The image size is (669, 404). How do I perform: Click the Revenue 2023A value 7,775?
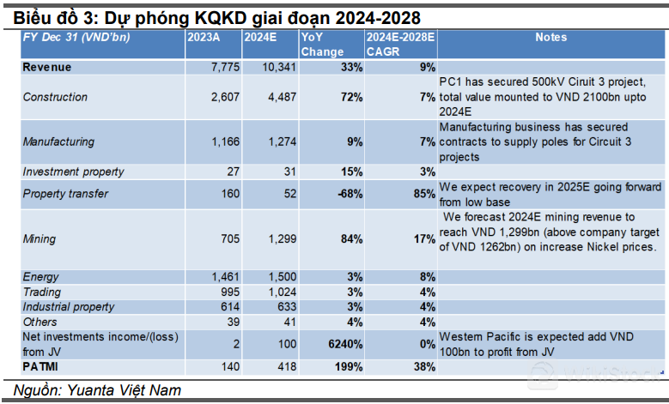(x=222, y=67)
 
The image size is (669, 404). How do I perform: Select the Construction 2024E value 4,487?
(x=276, y=97)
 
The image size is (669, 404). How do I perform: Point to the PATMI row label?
(x=42, y=367)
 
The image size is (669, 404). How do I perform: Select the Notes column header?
(x=550, y=38)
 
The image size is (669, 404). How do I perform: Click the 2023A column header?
(x=203, y=38)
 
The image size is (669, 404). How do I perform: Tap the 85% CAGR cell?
(x=424, y=194)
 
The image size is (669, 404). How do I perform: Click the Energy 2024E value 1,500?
(x=276, y=277)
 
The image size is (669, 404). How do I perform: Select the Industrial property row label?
(x=68, y=307)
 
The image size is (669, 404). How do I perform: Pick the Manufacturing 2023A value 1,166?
(x=222, y=142)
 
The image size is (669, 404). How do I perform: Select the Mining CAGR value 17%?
(x=424, y=238)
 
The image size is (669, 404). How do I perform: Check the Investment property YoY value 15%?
(x=350, y=172)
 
